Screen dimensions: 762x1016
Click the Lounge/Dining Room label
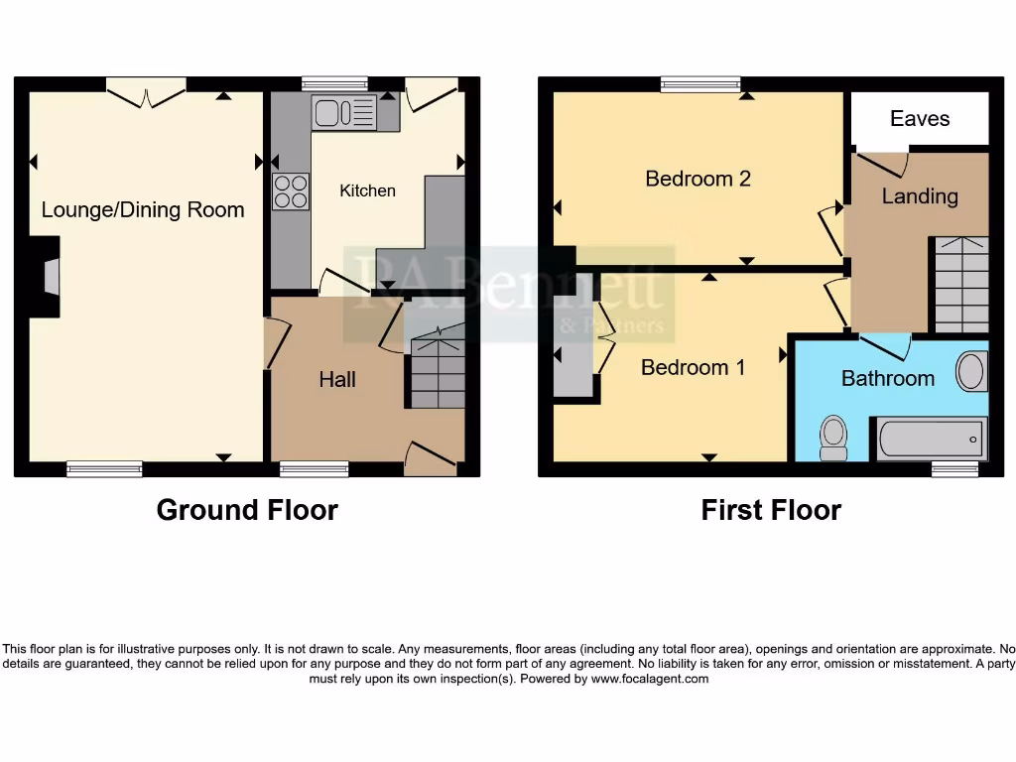point(143,209)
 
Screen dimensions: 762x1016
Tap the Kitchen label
point(367,190)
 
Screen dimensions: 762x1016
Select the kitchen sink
point(343,113)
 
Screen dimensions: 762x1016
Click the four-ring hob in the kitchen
point(290,190)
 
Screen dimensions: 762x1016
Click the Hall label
point(337,379)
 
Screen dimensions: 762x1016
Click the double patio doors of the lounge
point(147,94)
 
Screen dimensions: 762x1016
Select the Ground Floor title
point(247,510)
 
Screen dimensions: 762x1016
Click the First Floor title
point(771,510)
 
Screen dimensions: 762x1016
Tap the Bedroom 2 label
point(698,179)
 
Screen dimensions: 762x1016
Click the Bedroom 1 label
point(693,367)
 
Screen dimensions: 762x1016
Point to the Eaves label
point(920,119)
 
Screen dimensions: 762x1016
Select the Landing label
point(920,196)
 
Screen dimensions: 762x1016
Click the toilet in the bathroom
point(833,437)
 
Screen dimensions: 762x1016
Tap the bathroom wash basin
point(971,372)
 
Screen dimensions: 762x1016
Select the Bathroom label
point(887,378)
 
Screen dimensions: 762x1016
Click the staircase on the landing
point(960,285)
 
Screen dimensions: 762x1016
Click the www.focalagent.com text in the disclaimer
point(650,680)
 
